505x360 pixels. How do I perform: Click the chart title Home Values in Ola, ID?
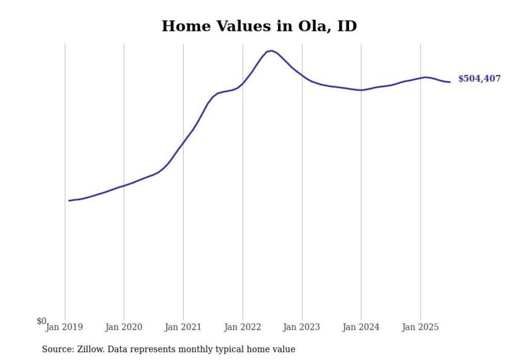click(259, 26)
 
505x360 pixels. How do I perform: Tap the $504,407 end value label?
click(479, 79)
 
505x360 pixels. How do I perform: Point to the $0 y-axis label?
click(41, 321)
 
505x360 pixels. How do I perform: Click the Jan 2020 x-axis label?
click(124, 327)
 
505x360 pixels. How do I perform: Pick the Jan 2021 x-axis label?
click(183, 327)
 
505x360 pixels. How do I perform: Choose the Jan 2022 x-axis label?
click(242, 327)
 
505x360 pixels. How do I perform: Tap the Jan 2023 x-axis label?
click(301, 327)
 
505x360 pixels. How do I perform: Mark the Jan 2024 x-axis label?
click(361, 327)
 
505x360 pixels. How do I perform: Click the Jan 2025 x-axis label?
click(420, 327)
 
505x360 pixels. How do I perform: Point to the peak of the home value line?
click(271, 50)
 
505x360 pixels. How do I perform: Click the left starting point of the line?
click(69, 200)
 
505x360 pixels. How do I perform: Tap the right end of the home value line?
click(450, 82)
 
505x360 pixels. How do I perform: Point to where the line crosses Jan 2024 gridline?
click(361, 90)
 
